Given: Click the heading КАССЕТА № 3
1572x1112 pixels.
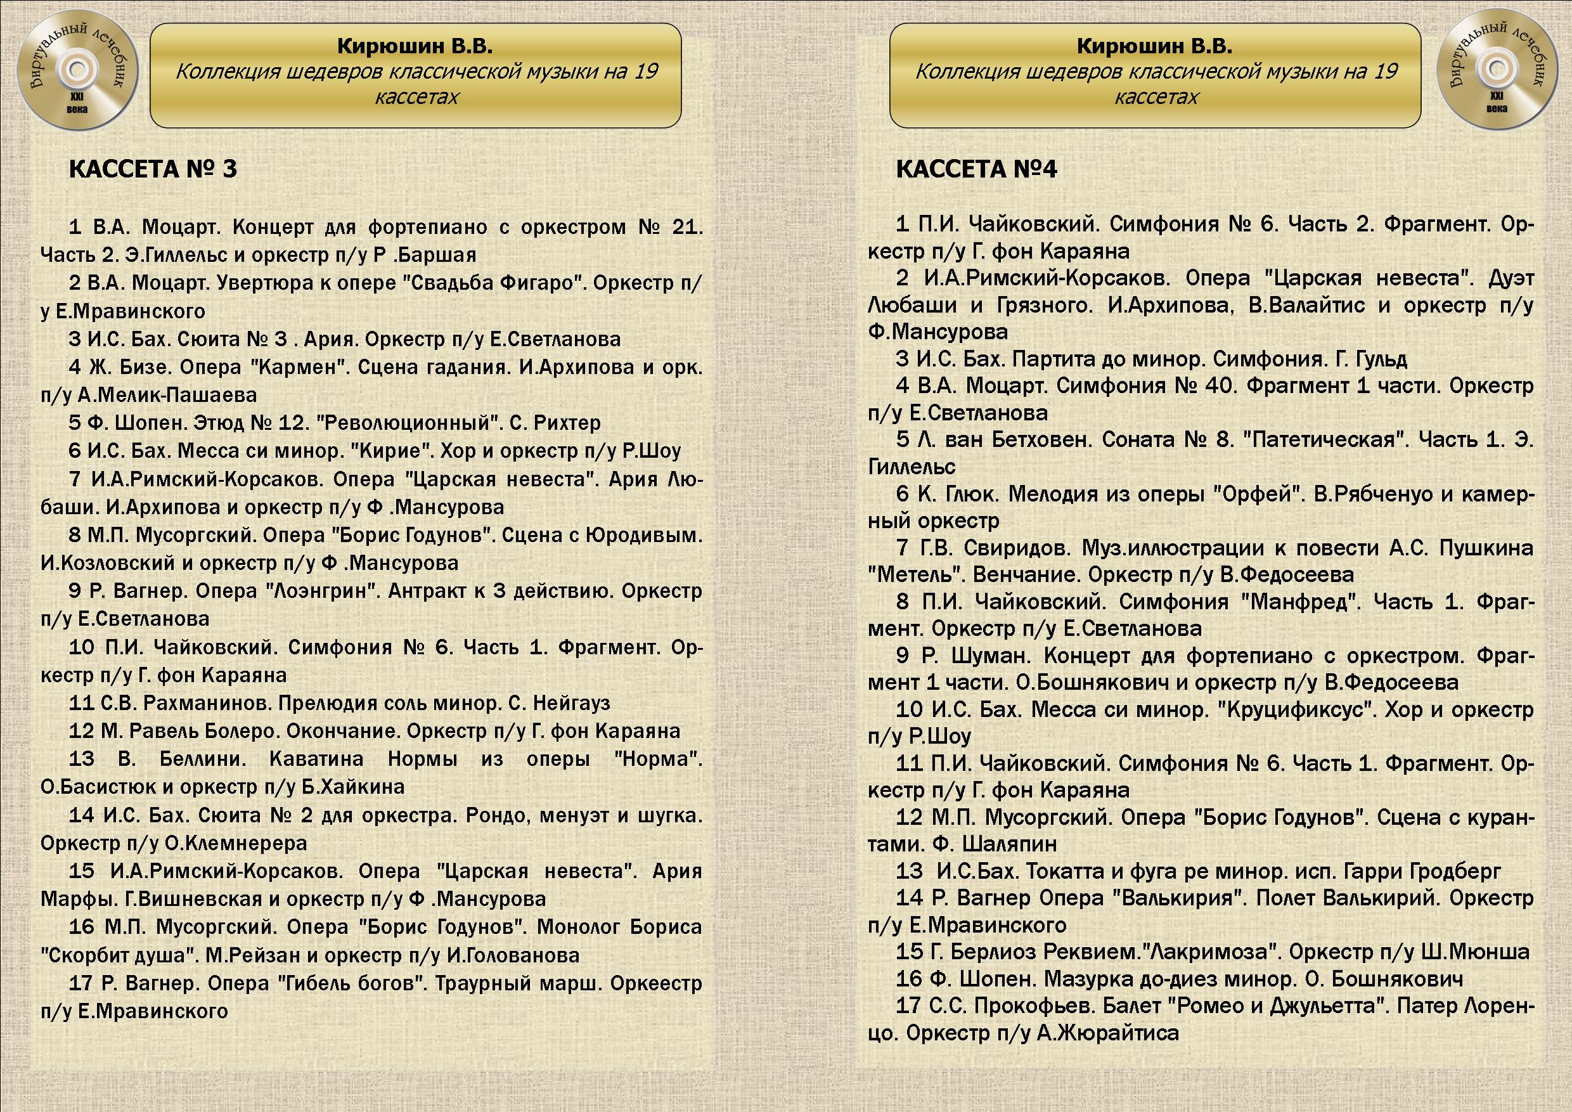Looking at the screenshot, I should tap(153, 169).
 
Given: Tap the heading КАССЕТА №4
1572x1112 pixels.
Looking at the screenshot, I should tap(976, 169).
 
